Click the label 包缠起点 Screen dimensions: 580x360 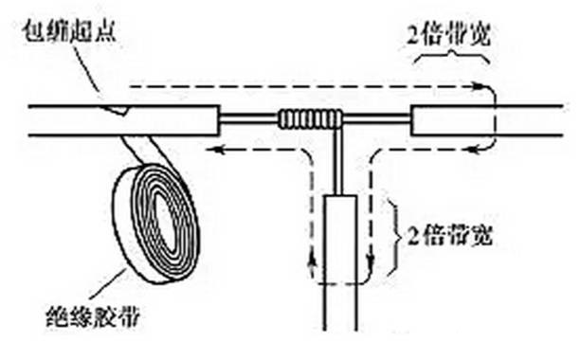69,30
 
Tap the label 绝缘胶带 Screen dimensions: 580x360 93,316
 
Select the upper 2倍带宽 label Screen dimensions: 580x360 448,35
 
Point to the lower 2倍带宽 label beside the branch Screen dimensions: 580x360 450,234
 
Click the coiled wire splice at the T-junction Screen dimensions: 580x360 310,119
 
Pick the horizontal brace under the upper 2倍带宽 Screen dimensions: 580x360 451,58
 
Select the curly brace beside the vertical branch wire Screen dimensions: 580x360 396,238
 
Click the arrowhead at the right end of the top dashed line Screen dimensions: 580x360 479,88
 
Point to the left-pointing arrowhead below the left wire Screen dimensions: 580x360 214,150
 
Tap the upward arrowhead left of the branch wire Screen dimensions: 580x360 313,261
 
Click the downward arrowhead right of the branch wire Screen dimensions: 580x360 371,261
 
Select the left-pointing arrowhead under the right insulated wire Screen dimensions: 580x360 473,150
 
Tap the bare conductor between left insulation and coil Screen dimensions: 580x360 249,118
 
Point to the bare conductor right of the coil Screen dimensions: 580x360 376,117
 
